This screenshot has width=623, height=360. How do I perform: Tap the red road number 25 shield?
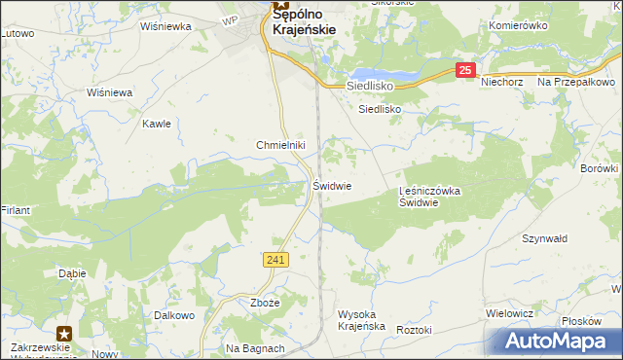pyautogui.click(x=466, y=70)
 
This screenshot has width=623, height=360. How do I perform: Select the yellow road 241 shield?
pyautogui.click(x=275, y=259)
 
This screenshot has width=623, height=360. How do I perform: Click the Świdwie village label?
pyautogui.click(x=332, y=185)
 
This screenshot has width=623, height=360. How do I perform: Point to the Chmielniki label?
pyautogui.click(x=281, y=145)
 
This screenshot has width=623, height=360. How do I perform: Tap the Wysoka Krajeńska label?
pyautogui.click(x=362, y=320)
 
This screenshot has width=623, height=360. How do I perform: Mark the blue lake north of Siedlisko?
pyautogui.click(x=385, y=75)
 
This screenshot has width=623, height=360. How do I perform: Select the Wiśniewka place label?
pyautogui.click(x=165, y=27)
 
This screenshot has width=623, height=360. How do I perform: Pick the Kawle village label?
pyautogui.click(x=157, y=124)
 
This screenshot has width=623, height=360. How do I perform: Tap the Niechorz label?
pyautogui.click(x=502, y=83)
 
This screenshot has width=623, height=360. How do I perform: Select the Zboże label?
pyautogui.click(x=265, y=303)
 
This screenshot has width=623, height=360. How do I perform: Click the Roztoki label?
pyautogui.click(x=414, y=330)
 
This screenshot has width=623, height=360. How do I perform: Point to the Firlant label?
pyautogui.click(x=16, y=210)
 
